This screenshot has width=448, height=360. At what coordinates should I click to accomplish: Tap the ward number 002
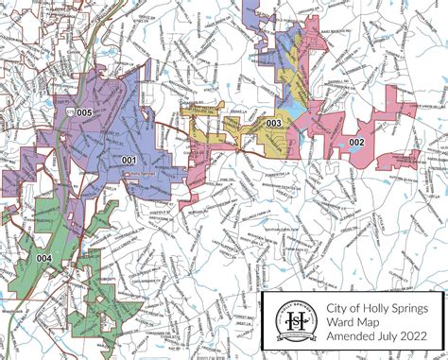[x=356, y=142]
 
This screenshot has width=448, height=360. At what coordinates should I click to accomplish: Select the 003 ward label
[x=274, y=123]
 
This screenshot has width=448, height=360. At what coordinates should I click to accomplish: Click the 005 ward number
[x=85, y=112]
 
